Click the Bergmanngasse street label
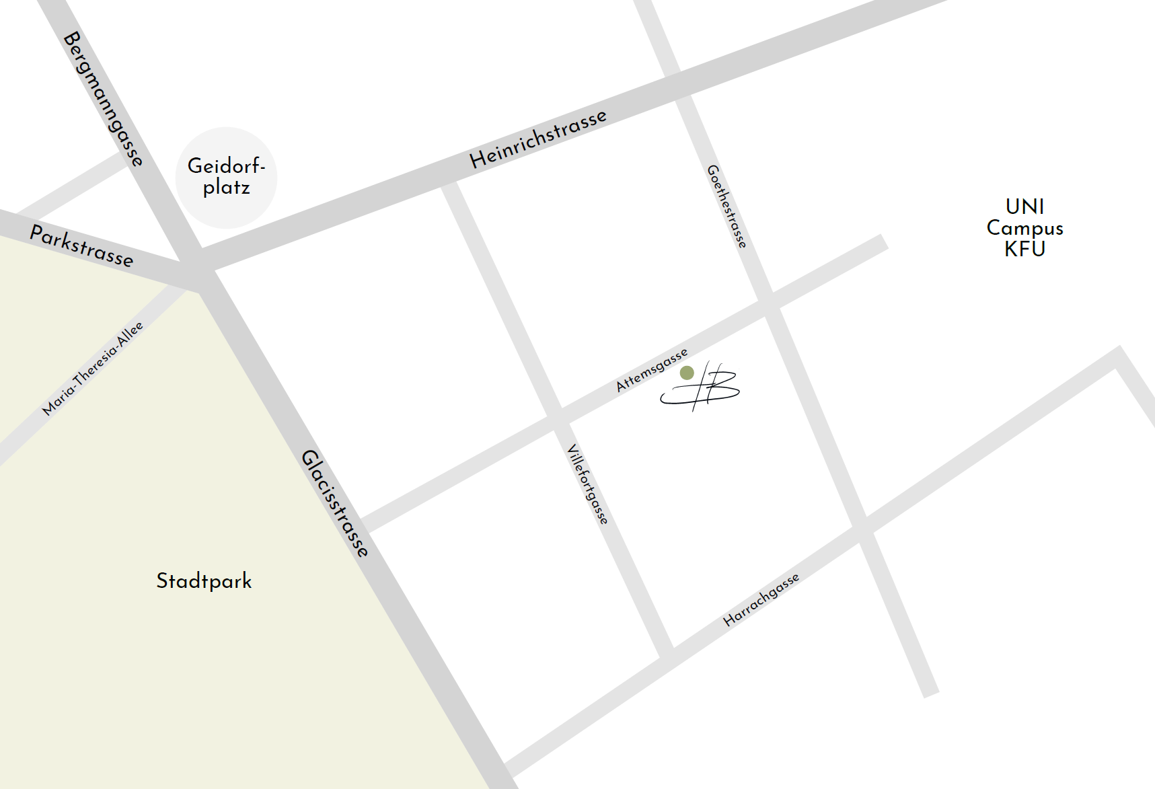(103, 98)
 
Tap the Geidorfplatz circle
(226, 178)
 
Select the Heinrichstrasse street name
(538, 139)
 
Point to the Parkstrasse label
(81, 246)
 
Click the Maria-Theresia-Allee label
(93, 368)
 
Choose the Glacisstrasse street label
(335, 503)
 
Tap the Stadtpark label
(204, 580)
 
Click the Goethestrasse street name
(726, 206)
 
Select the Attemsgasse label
(652, 369)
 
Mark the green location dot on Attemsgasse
(687, 373)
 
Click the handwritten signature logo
(703, 387)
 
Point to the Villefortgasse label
(588, 484)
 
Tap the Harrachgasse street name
(761, 599)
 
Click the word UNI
(1024, 206)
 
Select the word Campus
(1024, 228)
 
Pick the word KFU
(1024, 249)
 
